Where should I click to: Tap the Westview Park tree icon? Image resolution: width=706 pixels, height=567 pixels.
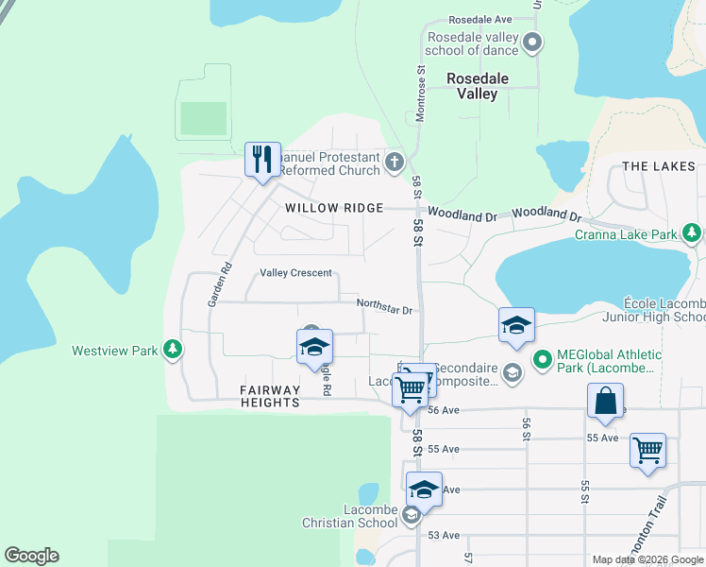[x=172, y=351]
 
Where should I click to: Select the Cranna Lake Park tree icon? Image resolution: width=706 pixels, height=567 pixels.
[x=692, y=232]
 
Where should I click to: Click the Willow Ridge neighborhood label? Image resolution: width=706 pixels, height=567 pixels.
[x=335, y=208]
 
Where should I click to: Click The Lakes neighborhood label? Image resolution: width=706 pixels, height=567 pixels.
[x=659, y=166]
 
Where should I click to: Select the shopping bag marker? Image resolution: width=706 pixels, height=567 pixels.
[x=605, y=400]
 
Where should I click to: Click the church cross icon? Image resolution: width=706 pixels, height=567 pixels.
[x=395, y=163]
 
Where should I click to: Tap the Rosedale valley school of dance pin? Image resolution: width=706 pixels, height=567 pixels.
[x=532, y=43]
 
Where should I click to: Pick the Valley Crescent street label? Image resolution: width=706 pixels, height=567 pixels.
[x=296, y=273]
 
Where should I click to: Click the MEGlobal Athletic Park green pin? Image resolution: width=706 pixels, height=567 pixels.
[x=543, y=359]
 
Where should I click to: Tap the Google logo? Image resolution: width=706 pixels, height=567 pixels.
[x=31, y=556]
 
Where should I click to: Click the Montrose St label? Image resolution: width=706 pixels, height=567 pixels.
[x=420, y=95]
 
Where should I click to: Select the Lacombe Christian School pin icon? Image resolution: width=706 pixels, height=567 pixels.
[x=411, y=516]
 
